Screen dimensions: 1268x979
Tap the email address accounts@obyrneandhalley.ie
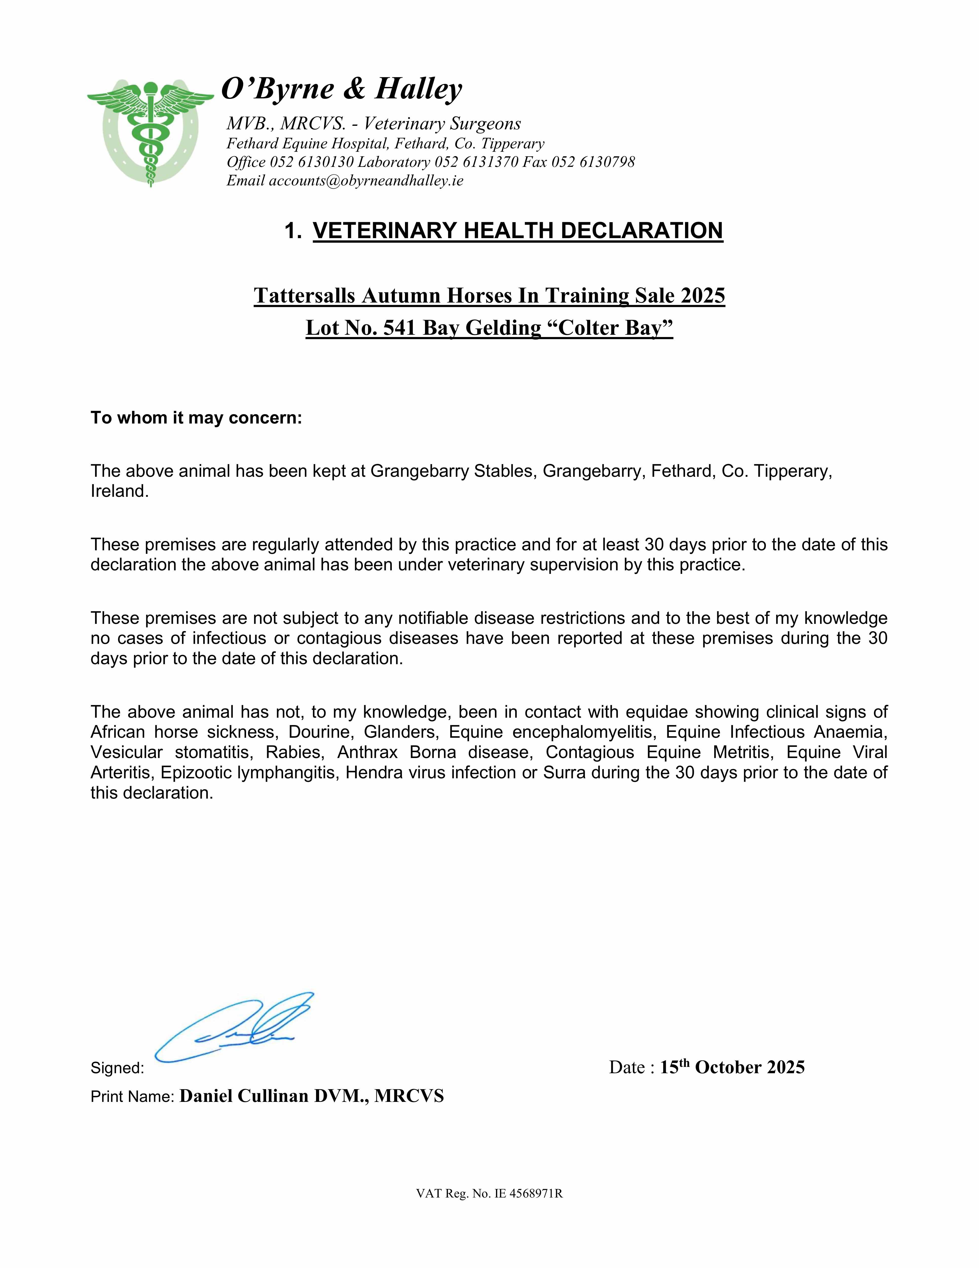point(366,181)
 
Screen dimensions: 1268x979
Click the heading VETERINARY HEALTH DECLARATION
point(518,231)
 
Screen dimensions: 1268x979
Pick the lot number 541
point(400,328)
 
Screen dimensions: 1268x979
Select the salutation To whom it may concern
point(196,418)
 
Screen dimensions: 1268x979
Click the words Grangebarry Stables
point(452,471)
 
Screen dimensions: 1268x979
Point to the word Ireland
point(119,491)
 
